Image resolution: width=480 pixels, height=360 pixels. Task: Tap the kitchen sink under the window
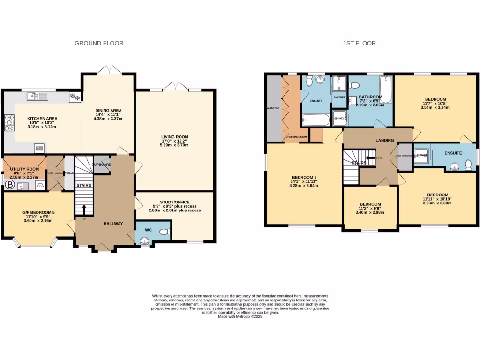pyautogui.click(x=34, y=97)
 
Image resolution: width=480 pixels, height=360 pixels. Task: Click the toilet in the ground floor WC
pyautogui.click(x=164, y=232)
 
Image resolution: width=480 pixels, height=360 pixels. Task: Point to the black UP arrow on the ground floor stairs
pyautogui.click(x=84, y=210)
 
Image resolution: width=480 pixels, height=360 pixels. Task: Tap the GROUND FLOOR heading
pyautogui.click(x=99, y=43)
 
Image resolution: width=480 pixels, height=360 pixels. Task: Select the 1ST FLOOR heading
pyautogui.click(x=359, y=43)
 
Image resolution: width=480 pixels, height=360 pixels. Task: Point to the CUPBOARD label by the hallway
pyautogui.click(x=101, y=165)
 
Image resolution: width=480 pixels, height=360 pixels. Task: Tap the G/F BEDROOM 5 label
pyautogui.click(x=38, y=212)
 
